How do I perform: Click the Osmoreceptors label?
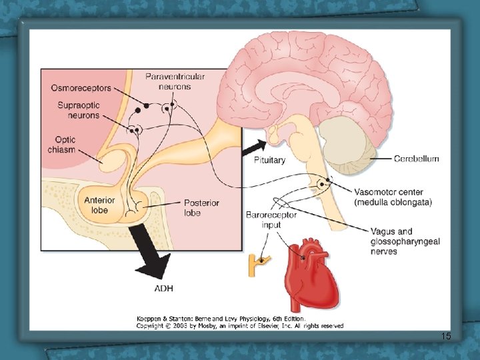[81, 88]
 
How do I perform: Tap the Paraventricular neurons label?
[175, 81]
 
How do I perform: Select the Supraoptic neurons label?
[79, 110]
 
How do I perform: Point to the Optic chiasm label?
[61, 145]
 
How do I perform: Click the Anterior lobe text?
[99, 205]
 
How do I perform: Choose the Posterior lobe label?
[201, 208]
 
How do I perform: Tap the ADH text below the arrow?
[163, 289]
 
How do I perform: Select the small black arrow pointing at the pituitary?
[255, 147]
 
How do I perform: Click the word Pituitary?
[269, 160]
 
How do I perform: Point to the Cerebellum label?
[416, 159]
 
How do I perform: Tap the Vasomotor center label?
[393, 197]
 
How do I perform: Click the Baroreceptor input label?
[271, 220]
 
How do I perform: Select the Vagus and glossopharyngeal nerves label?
[405, 241]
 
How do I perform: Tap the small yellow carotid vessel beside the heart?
[259, 265]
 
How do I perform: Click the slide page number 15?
[446, 336]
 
